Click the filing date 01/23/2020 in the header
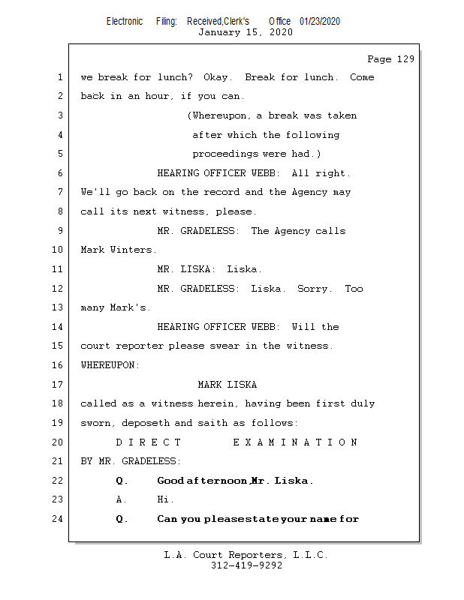pos(319,22)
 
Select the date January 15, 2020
pos(246,32)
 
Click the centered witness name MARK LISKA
pos(227,385)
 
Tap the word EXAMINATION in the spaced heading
pos(295,442)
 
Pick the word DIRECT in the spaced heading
pos(149,442)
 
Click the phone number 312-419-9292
pos(246,565)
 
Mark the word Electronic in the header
pos(125,22)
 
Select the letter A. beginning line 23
pos(121,499)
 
